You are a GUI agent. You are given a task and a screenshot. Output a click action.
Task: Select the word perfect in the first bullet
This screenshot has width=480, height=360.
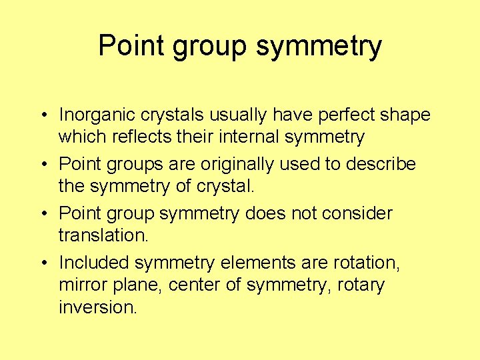[x=350, y=115]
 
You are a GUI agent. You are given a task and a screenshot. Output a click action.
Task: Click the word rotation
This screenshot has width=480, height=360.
[x=366, y=263]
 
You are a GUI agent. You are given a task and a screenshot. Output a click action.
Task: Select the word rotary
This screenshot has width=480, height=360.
[x=362, y=285]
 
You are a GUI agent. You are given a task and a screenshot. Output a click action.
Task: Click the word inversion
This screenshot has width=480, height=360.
[x=97, y=308]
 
